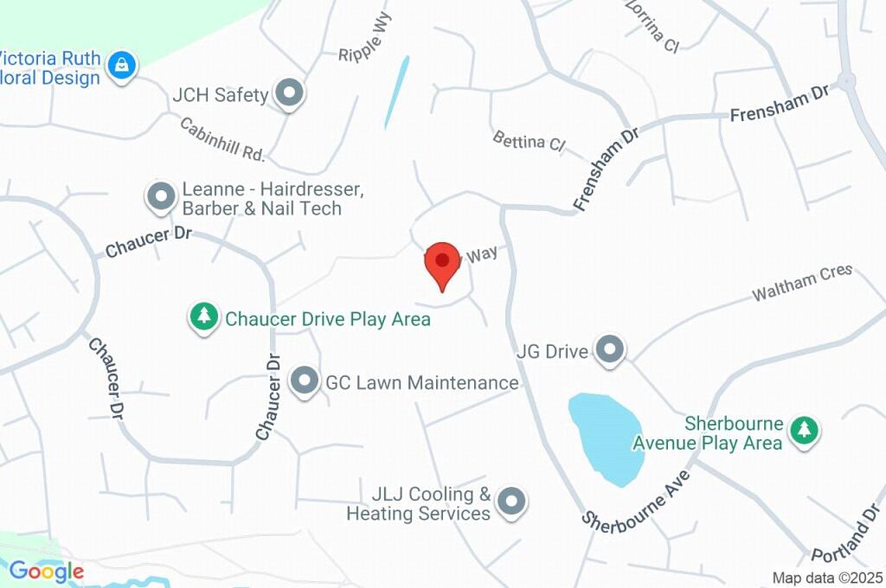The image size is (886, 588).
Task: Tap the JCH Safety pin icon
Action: pyautogui.click(x=289, y=94)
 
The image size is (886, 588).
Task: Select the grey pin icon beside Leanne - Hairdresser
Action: pyautogui.click(x=161, y=197)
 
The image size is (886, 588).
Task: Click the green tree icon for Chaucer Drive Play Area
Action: pyautogui.click(x=203, y=316)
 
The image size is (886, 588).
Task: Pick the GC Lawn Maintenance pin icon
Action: pyautogui.click(x=304, y=381)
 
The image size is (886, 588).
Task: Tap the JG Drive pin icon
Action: pyautogui.click(x=611, y=350)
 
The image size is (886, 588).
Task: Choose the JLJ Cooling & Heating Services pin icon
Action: pyautogui.click(x=513, y=502)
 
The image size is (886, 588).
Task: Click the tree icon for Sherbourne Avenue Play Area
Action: pyautogui.click(x=805, y=430)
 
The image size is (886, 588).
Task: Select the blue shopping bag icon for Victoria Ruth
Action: pyautogui.click(x=123, y=66)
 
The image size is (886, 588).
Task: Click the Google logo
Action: pyautogui.click(x=46, y=572)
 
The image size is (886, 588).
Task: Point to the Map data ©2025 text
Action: pyautogui.click(x=828, y=577)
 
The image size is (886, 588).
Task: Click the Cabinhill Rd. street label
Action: pyautogui.click(x=221, y=139)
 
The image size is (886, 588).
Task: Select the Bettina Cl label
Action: pyautogui.click(x=528, y=140)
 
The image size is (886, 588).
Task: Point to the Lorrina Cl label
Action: pyautogui.click(x=651, y=27)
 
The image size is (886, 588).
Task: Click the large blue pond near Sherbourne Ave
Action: pyautogui.click(x=607, y=437)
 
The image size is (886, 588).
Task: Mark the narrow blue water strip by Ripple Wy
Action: pyautogui.click(x=396, y=91)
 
